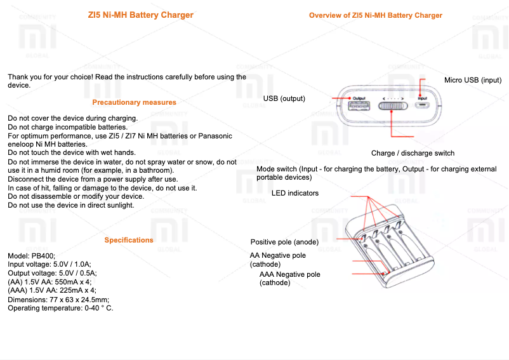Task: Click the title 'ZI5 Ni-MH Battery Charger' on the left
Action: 141,15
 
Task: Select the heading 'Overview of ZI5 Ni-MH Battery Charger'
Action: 376,15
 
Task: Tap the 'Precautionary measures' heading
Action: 134,102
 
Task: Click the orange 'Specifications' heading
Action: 129,240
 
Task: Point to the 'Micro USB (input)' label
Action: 473,80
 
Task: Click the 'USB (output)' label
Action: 284,98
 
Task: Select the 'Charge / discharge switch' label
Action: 413,153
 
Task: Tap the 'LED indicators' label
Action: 295,193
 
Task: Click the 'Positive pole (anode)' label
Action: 284,242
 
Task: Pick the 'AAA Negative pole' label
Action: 289,274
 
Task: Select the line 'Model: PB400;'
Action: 32,255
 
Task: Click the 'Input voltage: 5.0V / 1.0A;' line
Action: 50,263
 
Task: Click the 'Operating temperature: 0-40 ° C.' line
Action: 60,308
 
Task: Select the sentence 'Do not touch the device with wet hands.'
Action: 71,153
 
